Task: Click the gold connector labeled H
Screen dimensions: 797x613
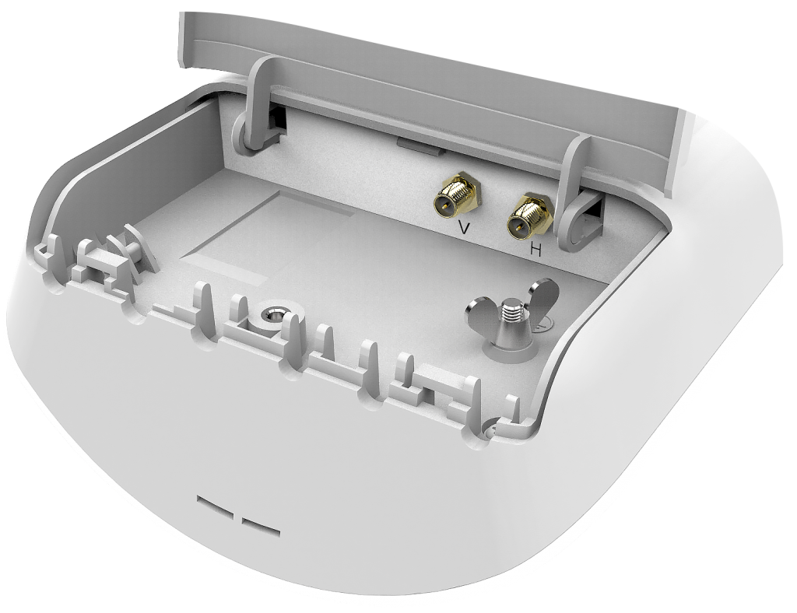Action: [528, 219]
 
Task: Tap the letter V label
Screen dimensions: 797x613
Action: [464, 227]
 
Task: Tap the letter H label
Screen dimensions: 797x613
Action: [535, 250]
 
